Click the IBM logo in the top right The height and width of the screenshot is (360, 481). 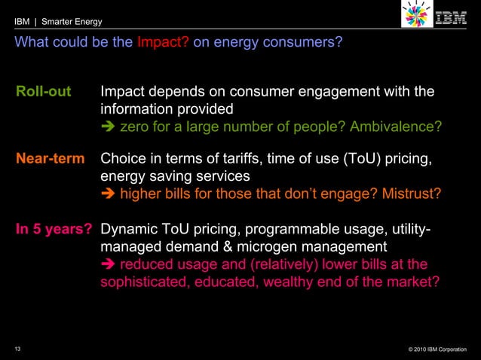[452, 17]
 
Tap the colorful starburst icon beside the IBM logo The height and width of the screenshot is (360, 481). [415, 17]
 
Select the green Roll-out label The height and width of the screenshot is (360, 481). [44, 92]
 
